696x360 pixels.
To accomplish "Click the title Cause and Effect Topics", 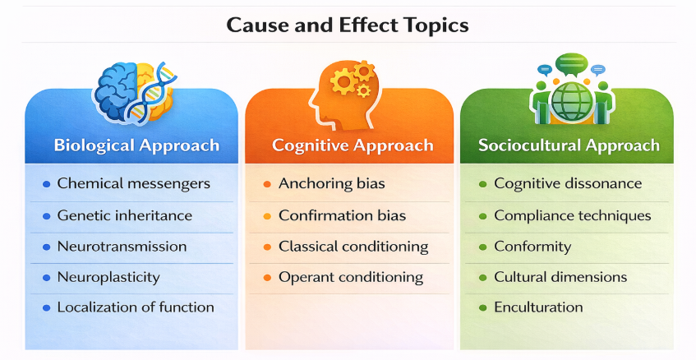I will point(348,25).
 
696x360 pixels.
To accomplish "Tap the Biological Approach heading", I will point(136,145).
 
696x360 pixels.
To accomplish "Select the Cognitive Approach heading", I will point(353,145).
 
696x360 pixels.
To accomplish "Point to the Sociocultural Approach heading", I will point(569,145).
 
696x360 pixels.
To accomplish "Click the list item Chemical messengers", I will point(133,183).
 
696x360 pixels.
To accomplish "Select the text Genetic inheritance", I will point(124,215).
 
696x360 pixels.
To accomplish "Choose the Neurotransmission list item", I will point(122,247).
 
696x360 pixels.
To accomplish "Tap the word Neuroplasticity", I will point(108,277).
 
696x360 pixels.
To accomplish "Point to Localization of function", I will point(135,307).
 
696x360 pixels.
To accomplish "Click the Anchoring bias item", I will point(332,183).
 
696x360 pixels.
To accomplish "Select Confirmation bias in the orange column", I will point(342,215).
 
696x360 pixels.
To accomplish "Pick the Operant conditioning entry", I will point(351,277).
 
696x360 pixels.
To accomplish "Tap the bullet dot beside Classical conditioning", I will point(266,247).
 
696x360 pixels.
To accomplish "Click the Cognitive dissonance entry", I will point(568,183).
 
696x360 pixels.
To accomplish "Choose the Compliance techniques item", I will point(572,215).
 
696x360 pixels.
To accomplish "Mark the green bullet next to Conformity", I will point(482,247).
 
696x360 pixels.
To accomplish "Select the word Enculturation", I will point(538,307).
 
